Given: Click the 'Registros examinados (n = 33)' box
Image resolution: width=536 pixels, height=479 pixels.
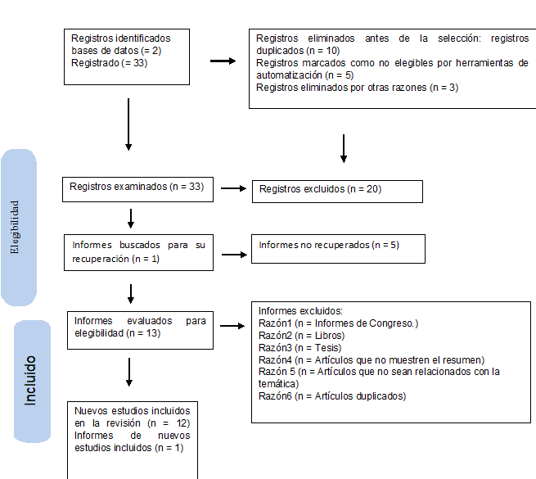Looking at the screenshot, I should coord(137,188).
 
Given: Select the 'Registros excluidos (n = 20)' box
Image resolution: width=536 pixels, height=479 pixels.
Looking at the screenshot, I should coord(337,191).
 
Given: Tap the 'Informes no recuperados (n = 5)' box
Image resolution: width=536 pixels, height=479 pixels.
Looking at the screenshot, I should coord(339,248).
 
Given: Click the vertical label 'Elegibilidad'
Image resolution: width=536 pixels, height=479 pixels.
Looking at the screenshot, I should coord(15,227).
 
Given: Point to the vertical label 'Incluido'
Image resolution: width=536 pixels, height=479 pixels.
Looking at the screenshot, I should coord(30,380).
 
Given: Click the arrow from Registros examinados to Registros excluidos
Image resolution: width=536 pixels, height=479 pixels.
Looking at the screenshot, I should coord(234,189).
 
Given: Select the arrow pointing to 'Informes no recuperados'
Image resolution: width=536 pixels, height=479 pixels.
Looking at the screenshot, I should coord(234,254).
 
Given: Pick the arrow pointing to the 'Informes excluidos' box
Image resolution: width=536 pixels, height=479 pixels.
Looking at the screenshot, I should coord(232,326).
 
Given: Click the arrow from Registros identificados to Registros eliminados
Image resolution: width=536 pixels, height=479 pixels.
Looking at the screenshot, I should coord(223,60).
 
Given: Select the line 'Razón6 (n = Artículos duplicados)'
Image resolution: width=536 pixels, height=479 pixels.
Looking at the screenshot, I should coord(332,396).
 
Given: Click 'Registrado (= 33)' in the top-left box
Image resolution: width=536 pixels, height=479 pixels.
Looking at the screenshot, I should coord(109,63).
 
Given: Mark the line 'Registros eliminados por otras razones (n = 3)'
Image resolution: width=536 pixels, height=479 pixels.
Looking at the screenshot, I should coord(357,88).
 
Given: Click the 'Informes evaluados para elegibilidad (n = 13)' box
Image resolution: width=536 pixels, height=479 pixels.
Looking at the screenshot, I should coord(139,327).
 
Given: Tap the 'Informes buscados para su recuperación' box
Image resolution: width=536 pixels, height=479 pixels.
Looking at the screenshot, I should coord(138,251).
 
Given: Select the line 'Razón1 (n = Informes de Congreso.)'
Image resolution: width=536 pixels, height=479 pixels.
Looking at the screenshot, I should coord(338,323).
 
